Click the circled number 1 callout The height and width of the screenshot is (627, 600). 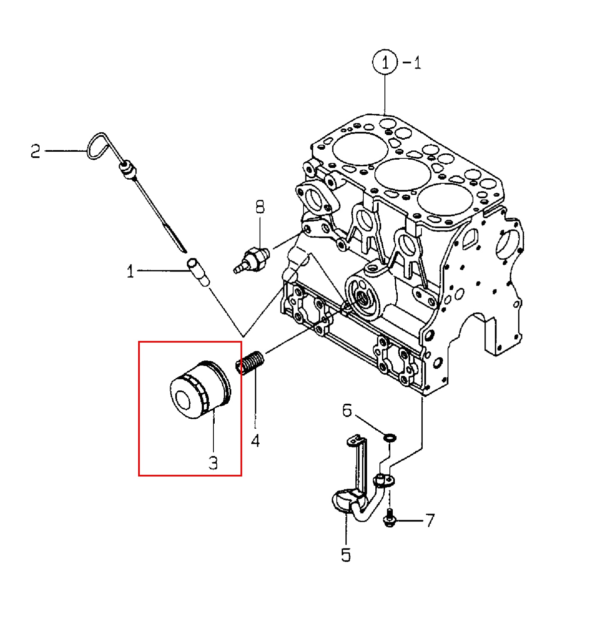[x=384, y=62]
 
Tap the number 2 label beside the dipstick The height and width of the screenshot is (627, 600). [x=36, y=151]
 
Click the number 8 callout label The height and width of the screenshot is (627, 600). [x=260, y=207]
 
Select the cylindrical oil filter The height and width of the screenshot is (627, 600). [x=200, y=390]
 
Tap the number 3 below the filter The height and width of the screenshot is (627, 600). [x=213, y=462]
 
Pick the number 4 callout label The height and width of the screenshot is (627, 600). [x=255, y=441]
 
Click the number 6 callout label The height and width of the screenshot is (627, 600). [x=347, y=410]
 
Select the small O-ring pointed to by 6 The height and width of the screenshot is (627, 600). [x=390, y=437]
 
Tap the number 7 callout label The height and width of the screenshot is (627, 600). [x=429, y=520]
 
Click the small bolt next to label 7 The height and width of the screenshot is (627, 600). [x=389, y=518]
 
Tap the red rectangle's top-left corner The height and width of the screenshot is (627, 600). [x=139, y=342]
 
